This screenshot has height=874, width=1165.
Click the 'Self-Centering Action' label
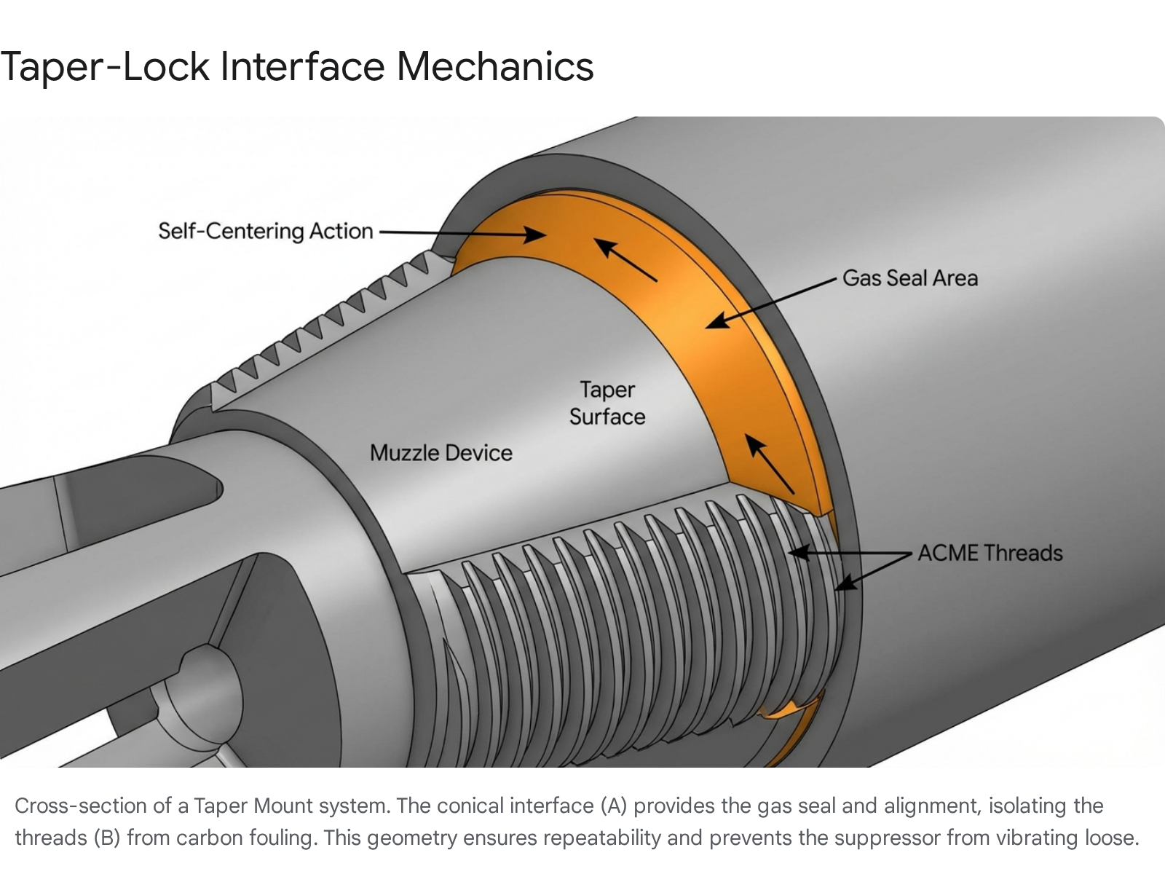click(x=265, y=231)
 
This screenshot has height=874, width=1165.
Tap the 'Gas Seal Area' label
click(x=909, y=278)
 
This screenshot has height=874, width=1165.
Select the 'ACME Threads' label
click(x=990, y=553)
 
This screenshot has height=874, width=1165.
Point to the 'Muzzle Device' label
click(x=441, y=453)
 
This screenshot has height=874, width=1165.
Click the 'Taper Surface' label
click(x=607, y=403)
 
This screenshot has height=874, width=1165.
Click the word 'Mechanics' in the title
click(x=495, y=66)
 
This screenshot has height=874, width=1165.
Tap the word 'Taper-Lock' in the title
click(x=105, y=66)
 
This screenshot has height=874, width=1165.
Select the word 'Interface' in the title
click(x=303, y=66)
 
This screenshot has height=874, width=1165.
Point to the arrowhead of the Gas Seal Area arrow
click(x=716, y=320)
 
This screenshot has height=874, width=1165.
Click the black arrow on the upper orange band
click(x=625, y=259)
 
